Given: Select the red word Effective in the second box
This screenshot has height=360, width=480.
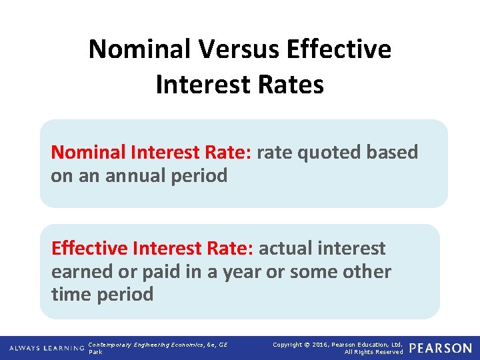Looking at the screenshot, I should [x=90, y=249].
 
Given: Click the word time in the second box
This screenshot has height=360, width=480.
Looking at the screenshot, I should [x=70, y=294].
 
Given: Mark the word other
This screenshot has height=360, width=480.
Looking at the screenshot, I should [x=366, y=271].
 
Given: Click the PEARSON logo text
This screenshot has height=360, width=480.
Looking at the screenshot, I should [x=440, y=348].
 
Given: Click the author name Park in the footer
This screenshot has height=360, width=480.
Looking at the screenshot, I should [x=95, y=352].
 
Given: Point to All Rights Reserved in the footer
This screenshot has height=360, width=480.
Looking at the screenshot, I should [x=373, y=352].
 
